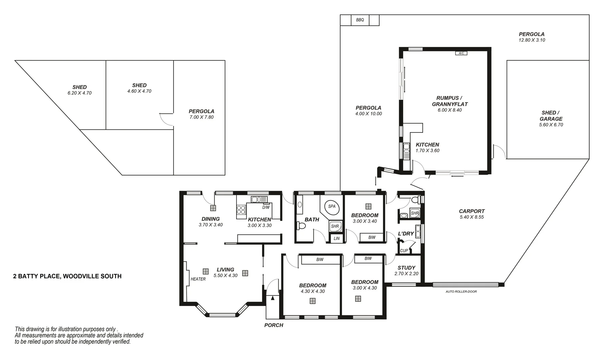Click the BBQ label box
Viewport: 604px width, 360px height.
point(360,20)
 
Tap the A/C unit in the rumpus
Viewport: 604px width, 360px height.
point(461,53)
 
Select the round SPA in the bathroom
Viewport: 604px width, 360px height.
point(331,206)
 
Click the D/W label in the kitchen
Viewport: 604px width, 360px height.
point(266,207)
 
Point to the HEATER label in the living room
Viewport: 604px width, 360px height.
point(198,279)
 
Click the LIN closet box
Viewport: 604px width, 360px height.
point(336,238)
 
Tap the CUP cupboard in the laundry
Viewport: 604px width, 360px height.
point(404,250)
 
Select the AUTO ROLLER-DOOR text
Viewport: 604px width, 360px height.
point(461,292)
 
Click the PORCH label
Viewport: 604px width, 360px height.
point(274,325)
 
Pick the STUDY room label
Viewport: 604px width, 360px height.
point(406,268)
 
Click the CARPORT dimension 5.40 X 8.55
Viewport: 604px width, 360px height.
point(471,217)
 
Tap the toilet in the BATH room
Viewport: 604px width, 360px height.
point(302,226)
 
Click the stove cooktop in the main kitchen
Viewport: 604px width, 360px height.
point(241,210)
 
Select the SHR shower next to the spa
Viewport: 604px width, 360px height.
point(334,226)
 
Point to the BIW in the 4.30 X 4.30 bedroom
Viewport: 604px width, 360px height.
point(319,259)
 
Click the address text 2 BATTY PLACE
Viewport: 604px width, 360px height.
point(67,276)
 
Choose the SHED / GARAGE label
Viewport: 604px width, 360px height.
point(551,116)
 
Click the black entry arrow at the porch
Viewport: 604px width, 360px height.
point(273,298)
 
